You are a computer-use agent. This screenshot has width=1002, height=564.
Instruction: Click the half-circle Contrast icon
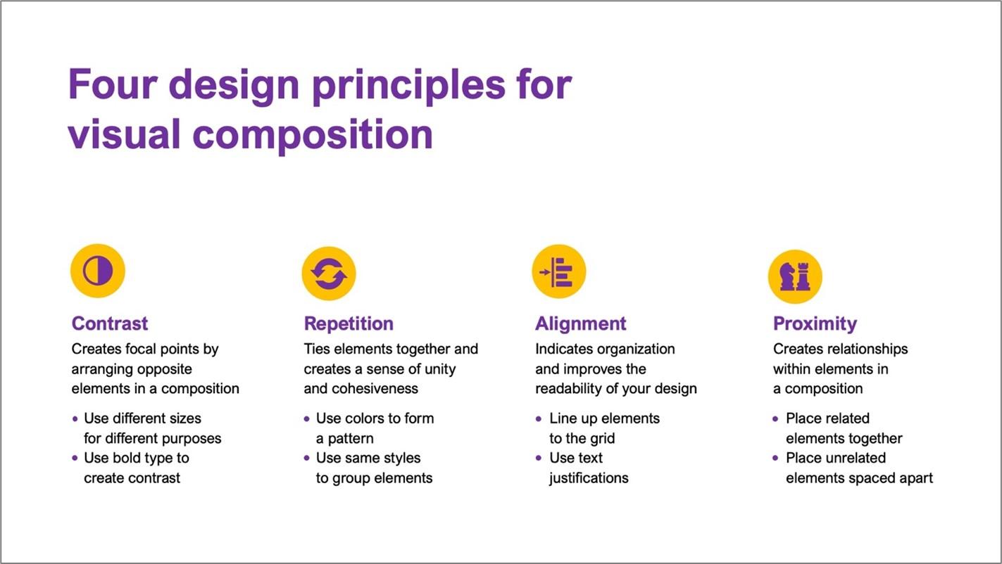pyautogui.click(x=98, y=271)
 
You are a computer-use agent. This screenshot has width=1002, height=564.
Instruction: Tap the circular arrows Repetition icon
pyautogui.click(x=329, y=274)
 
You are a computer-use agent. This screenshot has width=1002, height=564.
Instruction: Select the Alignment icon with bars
pyautogui.click(x=558, y=271)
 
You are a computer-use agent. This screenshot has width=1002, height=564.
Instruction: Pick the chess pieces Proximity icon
pyautogui.click(x=794, y=276)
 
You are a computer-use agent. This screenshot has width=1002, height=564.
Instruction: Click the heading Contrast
pyautogui.click(x=110, y=323)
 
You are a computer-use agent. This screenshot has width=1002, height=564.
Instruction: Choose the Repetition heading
pyautogui.click(x=349, y=323)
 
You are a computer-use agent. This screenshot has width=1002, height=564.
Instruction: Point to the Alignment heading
pyautogui.click(x=580, y=323)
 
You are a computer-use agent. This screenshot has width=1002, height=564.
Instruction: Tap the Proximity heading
pyautogui.click(x=815, y=323)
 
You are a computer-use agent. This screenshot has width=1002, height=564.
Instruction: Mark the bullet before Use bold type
pyautogui.click(x=75, y=459)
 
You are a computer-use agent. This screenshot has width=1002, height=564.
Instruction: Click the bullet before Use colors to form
pyautogui.click(x=307, y=419)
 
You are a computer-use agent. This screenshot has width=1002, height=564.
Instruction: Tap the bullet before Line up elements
pyautogui.click(x=539, y=419)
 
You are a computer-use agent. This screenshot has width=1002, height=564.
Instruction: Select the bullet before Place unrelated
pyautogui.click(x=776, y=459)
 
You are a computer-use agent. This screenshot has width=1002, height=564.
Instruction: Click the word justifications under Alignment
pyautogui.click(x=589, y=478)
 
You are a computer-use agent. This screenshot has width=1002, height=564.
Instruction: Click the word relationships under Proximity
pyautogui.click(x=868, y=349)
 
